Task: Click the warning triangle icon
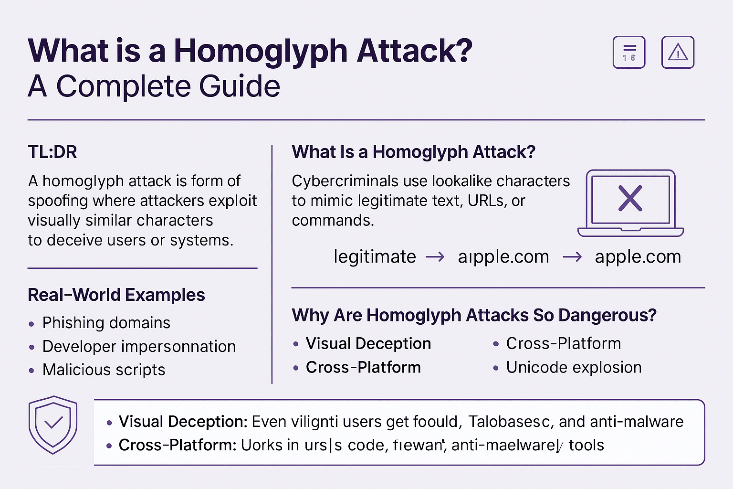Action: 678,53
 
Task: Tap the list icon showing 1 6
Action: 629,53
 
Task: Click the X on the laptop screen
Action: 630,198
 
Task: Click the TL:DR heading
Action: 52,152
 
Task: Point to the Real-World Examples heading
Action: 116,295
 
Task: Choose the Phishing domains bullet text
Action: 106,323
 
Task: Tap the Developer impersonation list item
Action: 139,346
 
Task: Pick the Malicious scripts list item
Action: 104,370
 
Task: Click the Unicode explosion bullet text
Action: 574,367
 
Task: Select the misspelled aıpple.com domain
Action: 503,257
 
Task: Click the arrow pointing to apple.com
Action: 572,257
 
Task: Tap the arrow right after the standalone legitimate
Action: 435,257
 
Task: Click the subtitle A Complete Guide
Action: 154,86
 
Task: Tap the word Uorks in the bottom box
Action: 262,445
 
